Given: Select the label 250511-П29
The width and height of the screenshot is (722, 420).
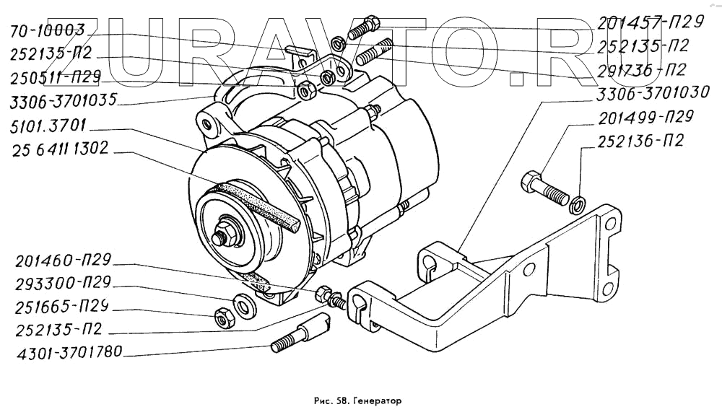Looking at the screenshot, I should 56,76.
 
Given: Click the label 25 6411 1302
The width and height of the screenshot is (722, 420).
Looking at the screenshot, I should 60,152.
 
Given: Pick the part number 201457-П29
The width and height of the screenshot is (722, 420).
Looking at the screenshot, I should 650,23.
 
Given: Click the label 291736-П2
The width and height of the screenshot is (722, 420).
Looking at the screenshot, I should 640,69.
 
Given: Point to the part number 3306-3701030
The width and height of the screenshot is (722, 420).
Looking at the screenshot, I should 654,92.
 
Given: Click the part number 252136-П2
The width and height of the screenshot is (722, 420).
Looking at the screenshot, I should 640,141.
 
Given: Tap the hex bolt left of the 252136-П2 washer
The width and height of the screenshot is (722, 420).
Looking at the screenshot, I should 542,185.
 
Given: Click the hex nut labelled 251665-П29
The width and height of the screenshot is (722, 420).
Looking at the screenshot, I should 222,316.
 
